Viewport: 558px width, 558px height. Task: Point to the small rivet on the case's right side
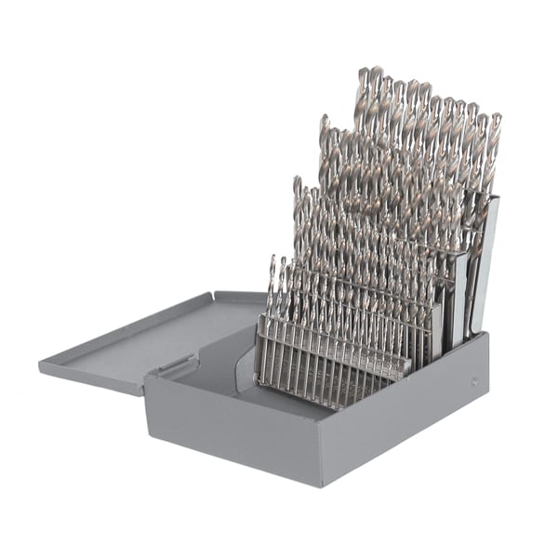point(475,380)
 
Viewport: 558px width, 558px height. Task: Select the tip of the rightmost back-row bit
point(496,117)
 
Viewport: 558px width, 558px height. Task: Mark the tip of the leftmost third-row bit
point(297,179)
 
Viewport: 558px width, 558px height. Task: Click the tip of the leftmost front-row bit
point(272,259)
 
